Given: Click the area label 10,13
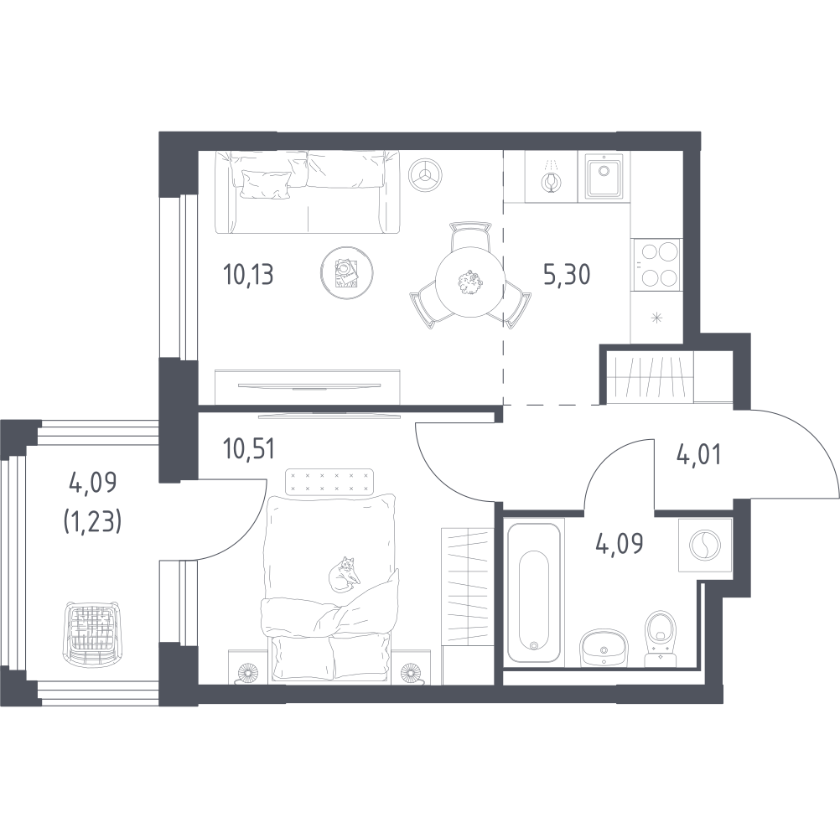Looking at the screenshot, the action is [247, 275].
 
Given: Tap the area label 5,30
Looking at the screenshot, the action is [567, 275].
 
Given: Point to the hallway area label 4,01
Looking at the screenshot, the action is [698, 454].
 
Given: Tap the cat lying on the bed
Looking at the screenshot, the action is [344, 575].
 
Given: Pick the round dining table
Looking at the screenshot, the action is [470, 282].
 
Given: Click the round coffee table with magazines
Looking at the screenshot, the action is [347, 272].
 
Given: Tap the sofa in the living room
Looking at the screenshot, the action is [308, 192].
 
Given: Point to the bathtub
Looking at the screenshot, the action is [534, 592].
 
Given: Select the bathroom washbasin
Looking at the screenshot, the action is [604, 646].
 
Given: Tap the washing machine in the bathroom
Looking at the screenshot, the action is [704, 545].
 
